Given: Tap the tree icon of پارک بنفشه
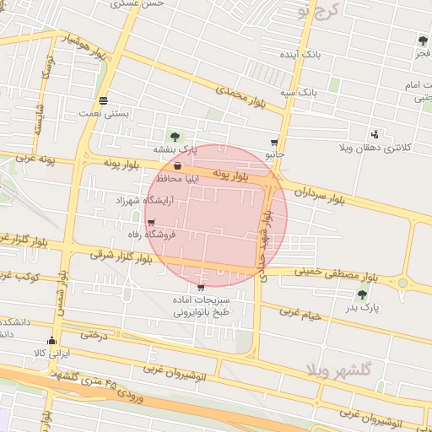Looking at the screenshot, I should click(x=175, y=137).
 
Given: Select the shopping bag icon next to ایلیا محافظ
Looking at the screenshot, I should click(x=176, y=166).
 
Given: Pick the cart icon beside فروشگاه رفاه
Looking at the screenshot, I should click(x=151, y=224).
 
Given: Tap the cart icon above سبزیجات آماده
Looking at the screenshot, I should click(x=200, y=288).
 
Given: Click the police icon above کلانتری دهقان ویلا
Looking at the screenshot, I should click(x=375, y=133).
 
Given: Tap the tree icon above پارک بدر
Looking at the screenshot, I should click(x=363, y=294).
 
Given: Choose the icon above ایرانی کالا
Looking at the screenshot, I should click(x=52, y=341).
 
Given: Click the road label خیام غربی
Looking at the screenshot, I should click(x=301, y=314).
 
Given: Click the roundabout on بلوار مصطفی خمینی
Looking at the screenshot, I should click(x=403, y=283).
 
